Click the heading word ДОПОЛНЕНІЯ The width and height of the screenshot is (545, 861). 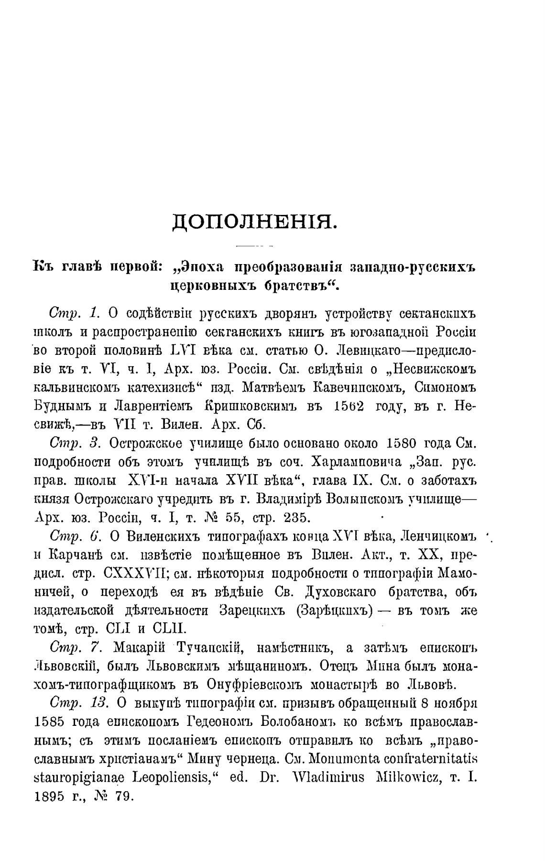254,222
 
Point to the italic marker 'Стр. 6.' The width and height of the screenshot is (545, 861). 74,536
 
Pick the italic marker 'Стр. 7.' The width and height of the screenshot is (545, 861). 74,648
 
